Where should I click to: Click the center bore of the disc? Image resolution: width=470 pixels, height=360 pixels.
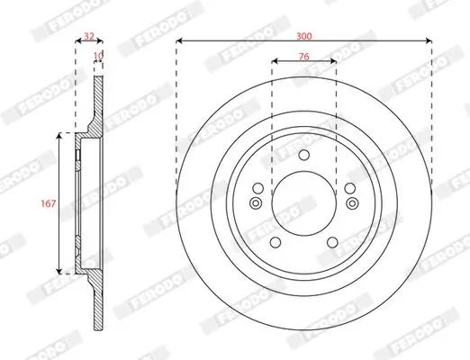pos(303,198)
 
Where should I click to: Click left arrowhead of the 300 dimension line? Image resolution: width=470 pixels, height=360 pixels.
pos(180,40)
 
